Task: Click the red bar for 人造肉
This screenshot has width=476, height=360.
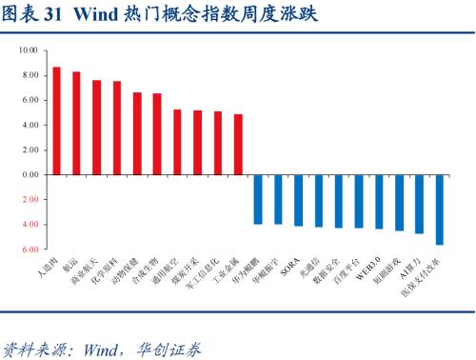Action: point(56,121)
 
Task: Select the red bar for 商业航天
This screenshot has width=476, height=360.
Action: point(96,128)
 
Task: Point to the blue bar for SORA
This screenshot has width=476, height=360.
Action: point(298,200)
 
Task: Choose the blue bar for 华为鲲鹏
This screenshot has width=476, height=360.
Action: point(258,199)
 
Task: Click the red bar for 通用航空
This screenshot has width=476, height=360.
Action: point(177,142)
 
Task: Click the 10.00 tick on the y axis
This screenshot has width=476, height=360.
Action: point(28,50)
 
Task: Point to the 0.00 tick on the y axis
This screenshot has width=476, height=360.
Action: point(28,175)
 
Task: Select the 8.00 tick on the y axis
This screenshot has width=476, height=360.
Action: point(28,74)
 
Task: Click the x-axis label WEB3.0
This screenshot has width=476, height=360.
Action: point(373,266)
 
